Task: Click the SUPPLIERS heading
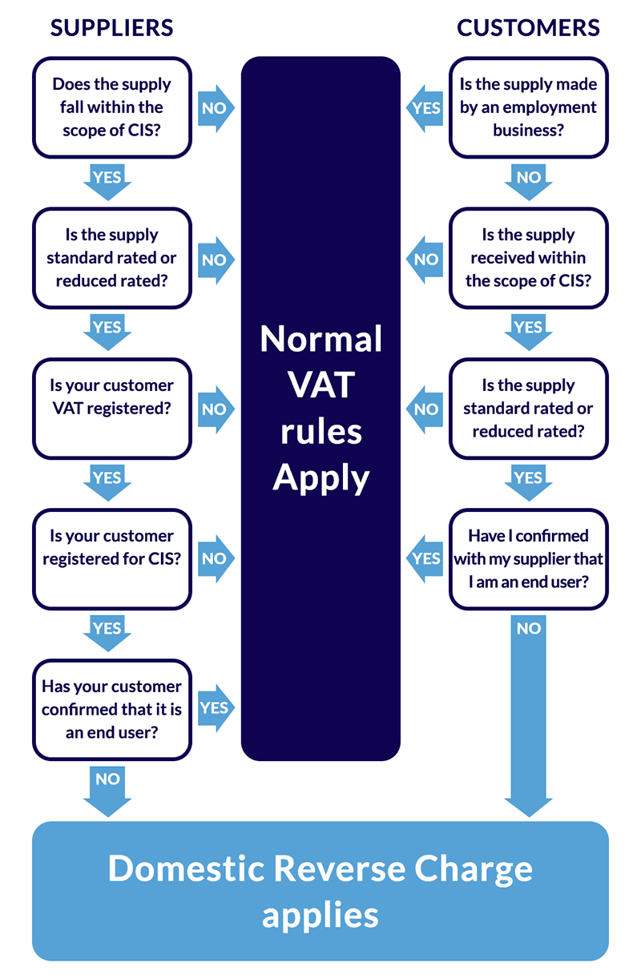pyautogui.click(x=111, y=28)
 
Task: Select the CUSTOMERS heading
pyautogui.click(x=528, y=28)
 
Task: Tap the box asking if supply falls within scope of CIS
pyautogui.click(x=111, y=107)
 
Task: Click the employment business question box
pyautogui.click(x=528, y=107)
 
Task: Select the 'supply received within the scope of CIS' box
pyautogui.click(x=528, y=258)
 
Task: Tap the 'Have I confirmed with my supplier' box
pyautogui.click(x=528, y=559)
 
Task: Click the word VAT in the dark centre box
pyautogui.click(x=320, y=385)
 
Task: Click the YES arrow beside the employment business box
pyautogui.click(x=425, y=107)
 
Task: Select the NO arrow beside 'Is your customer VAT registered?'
pyautogui.click(x=215, y=409)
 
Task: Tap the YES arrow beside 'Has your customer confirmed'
pyautogui.click(x=215, y=708)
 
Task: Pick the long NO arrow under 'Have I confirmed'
pyautogui.click(x=528, y=713)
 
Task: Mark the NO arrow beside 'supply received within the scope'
pyautogui.click(x=425, y=259)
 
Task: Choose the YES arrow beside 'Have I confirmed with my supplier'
pyautogui.click(x=425, y=558)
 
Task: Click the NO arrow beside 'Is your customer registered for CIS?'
pyautogui.click(x=215, y=558)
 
